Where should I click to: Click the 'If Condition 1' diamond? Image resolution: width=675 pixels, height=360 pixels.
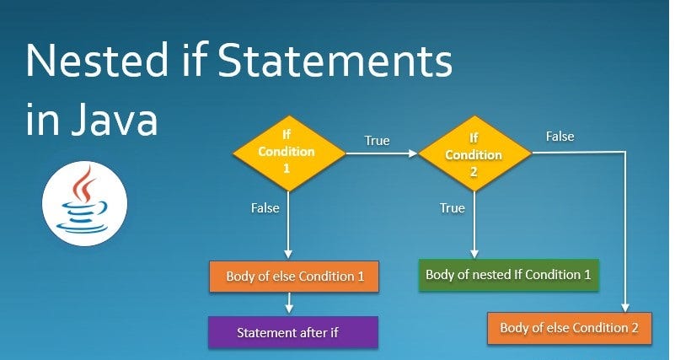pyautogui.click(x=289, y=153)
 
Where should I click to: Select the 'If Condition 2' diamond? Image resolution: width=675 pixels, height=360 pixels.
pyautogui.click(x=474, y=153)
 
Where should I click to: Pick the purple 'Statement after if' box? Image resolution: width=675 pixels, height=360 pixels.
pyautogui.click(x=292, y=331)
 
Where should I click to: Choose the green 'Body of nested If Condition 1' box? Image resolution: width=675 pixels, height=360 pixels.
pyautogui.click(x=508, y=275)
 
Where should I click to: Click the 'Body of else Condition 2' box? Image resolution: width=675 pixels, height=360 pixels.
pyautogui.click(x=570, y=327)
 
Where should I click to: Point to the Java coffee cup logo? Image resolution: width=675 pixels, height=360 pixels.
pyautogui.click(x=84, y=203)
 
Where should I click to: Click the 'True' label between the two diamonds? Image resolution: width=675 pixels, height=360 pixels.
pyautogui.click(x=377, y=140)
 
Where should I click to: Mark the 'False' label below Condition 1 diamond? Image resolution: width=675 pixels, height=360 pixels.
pyautogui.click(x=265, y=207)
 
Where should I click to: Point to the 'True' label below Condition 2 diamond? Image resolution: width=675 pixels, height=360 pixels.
pyautogui.click(x=452, y=207)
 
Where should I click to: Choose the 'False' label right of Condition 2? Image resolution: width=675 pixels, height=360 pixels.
pyautogui.click(x=560, y=135)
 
